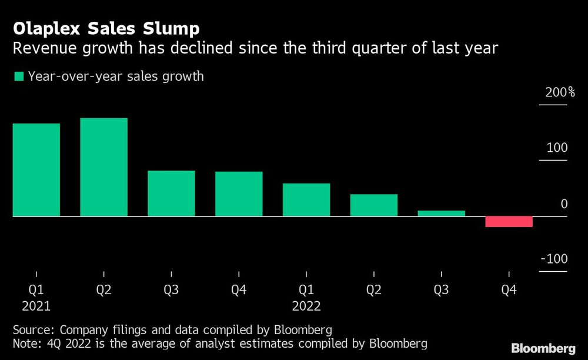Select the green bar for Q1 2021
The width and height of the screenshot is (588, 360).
point(36,169)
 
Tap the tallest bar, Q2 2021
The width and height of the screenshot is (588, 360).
point(103,167)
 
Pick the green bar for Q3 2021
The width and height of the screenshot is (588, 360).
point(171,194)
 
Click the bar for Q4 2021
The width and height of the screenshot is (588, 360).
point(239,194)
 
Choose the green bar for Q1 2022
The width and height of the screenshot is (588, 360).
point(306,200)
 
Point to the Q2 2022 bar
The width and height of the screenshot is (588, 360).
point(374,205)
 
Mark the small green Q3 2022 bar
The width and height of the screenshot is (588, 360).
point(441,214)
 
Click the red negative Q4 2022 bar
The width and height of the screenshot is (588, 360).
point(509,222)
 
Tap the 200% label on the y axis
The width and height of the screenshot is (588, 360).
point(560,92)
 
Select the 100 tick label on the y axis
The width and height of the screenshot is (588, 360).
point(557,148)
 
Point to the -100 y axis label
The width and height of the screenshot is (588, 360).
point(554,259)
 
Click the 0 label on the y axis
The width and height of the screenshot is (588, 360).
point(564,204)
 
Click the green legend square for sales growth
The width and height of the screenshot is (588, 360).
point(19,76)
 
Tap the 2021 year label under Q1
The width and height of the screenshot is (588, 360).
point(36,306)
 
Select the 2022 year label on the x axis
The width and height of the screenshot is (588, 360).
point(306,306)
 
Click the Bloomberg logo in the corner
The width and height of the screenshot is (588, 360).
point(544,348)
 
